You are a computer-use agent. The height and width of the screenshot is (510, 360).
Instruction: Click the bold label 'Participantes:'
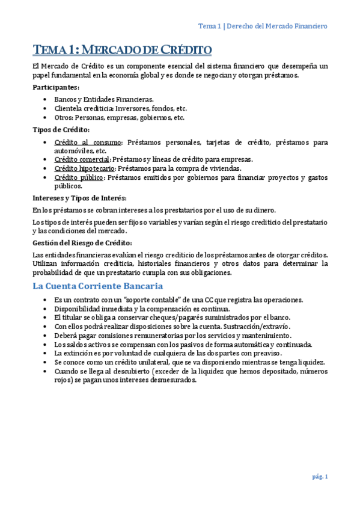point(56,88)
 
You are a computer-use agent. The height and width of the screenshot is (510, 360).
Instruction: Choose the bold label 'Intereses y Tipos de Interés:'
point(79,198)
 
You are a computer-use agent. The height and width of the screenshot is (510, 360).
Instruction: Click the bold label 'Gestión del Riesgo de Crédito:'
point(82,243)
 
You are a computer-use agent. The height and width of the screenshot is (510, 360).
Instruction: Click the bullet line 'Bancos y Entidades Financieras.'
point(104,99)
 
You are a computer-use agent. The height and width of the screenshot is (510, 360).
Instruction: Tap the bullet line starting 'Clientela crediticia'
point(120,108)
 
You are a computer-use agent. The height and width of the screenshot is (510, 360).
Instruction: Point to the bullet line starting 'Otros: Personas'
point(119,118)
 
